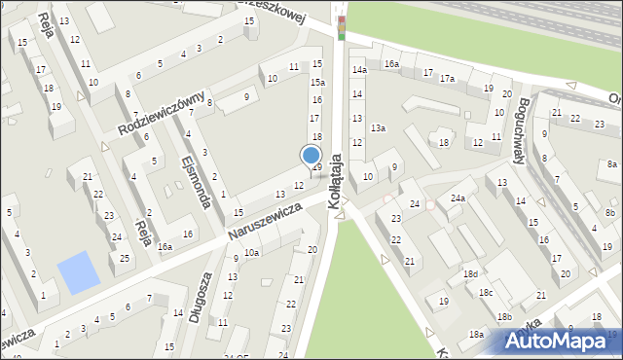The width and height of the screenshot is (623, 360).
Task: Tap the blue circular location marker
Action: click(311, 155)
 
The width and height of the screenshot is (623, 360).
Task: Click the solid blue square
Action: click(78, 272)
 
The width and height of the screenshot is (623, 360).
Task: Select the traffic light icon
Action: click(340, 26)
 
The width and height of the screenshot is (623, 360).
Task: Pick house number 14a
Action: click(359, 71)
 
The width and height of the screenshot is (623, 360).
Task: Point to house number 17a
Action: click(447, 78)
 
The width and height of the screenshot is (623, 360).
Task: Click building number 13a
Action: click(378, 127)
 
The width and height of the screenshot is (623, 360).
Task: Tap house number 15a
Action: click(316, 84)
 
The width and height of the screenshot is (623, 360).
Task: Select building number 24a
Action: click(457, 198)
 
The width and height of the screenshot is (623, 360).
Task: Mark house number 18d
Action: click(470, 274)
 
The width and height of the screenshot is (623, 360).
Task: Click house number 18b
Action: click(503, 317)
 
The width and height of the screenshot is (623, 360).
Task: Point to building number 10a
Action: click(251, 253)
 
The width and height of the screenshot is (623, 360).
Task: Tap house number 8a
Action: click(611, 164)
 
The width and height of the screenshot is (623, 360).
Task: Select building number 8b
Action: click(609, 212)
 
